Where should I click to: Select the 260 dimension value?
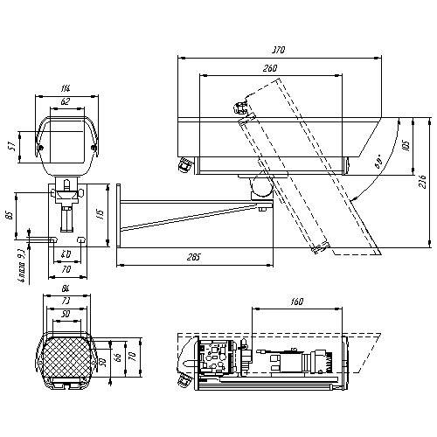pos(270,69)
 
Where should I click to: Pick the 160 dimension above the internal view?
pos(296,302)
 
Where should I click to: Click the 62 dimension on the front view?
pos(66,102)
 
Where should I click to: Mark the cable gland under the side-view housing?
pos(185,163)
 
